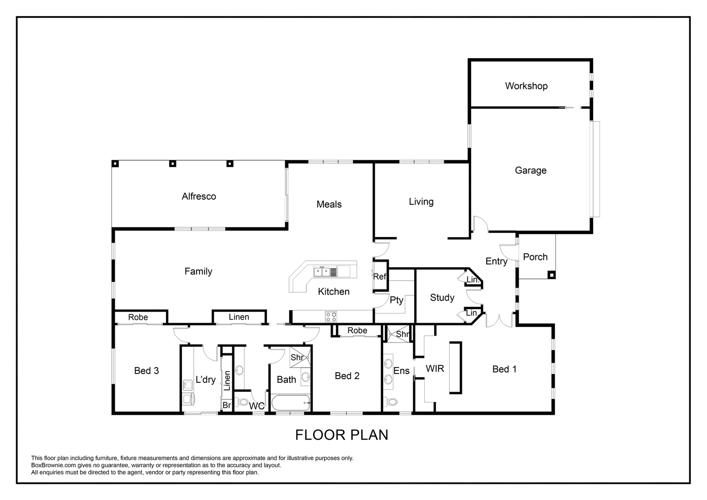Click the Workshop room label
tap(526, 86)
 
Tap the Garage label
tap(531, 170)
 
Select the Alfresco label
tap(199, 196)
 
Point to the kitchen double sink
tap(322, 272)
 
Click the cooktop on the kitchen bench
tap(331, 317)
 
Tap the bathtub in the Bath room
tap(291, 403)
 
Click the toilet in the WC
tap(242, 402)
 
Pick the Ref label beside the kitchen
tap(379, 277)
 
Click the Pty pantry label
tap(397, 300)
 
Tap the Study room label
tap(442, 298)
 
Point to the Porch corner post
tap(552, 275)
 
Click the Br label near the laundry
tap(227, 405)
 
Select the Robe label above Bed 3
tap(138, 317)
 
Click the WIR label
tap(434, 369)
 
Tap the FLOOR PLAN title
tap(342, 435)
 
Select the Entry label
tap(496, 261)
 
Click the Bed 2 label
tap(347, 376)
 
